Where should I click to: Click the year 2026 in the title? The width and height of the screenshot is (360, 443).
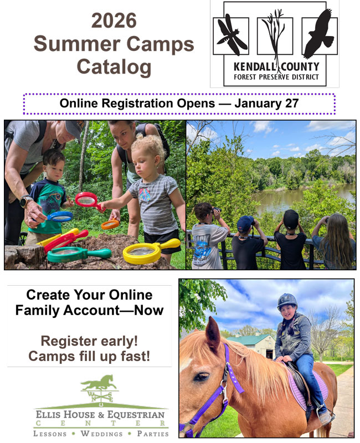(x=114, y=20)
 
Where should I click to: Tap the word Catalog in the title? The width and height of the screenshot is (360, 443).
(x=114, y=67)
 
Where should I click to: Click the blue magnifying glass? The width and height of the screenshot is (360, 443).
(x=59, y=216)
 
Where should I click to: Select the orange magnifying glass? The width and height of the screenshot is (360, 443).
(x=110, y=224)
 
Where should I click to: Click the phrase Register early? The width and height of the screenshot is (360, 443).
(x=89, y=340)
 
